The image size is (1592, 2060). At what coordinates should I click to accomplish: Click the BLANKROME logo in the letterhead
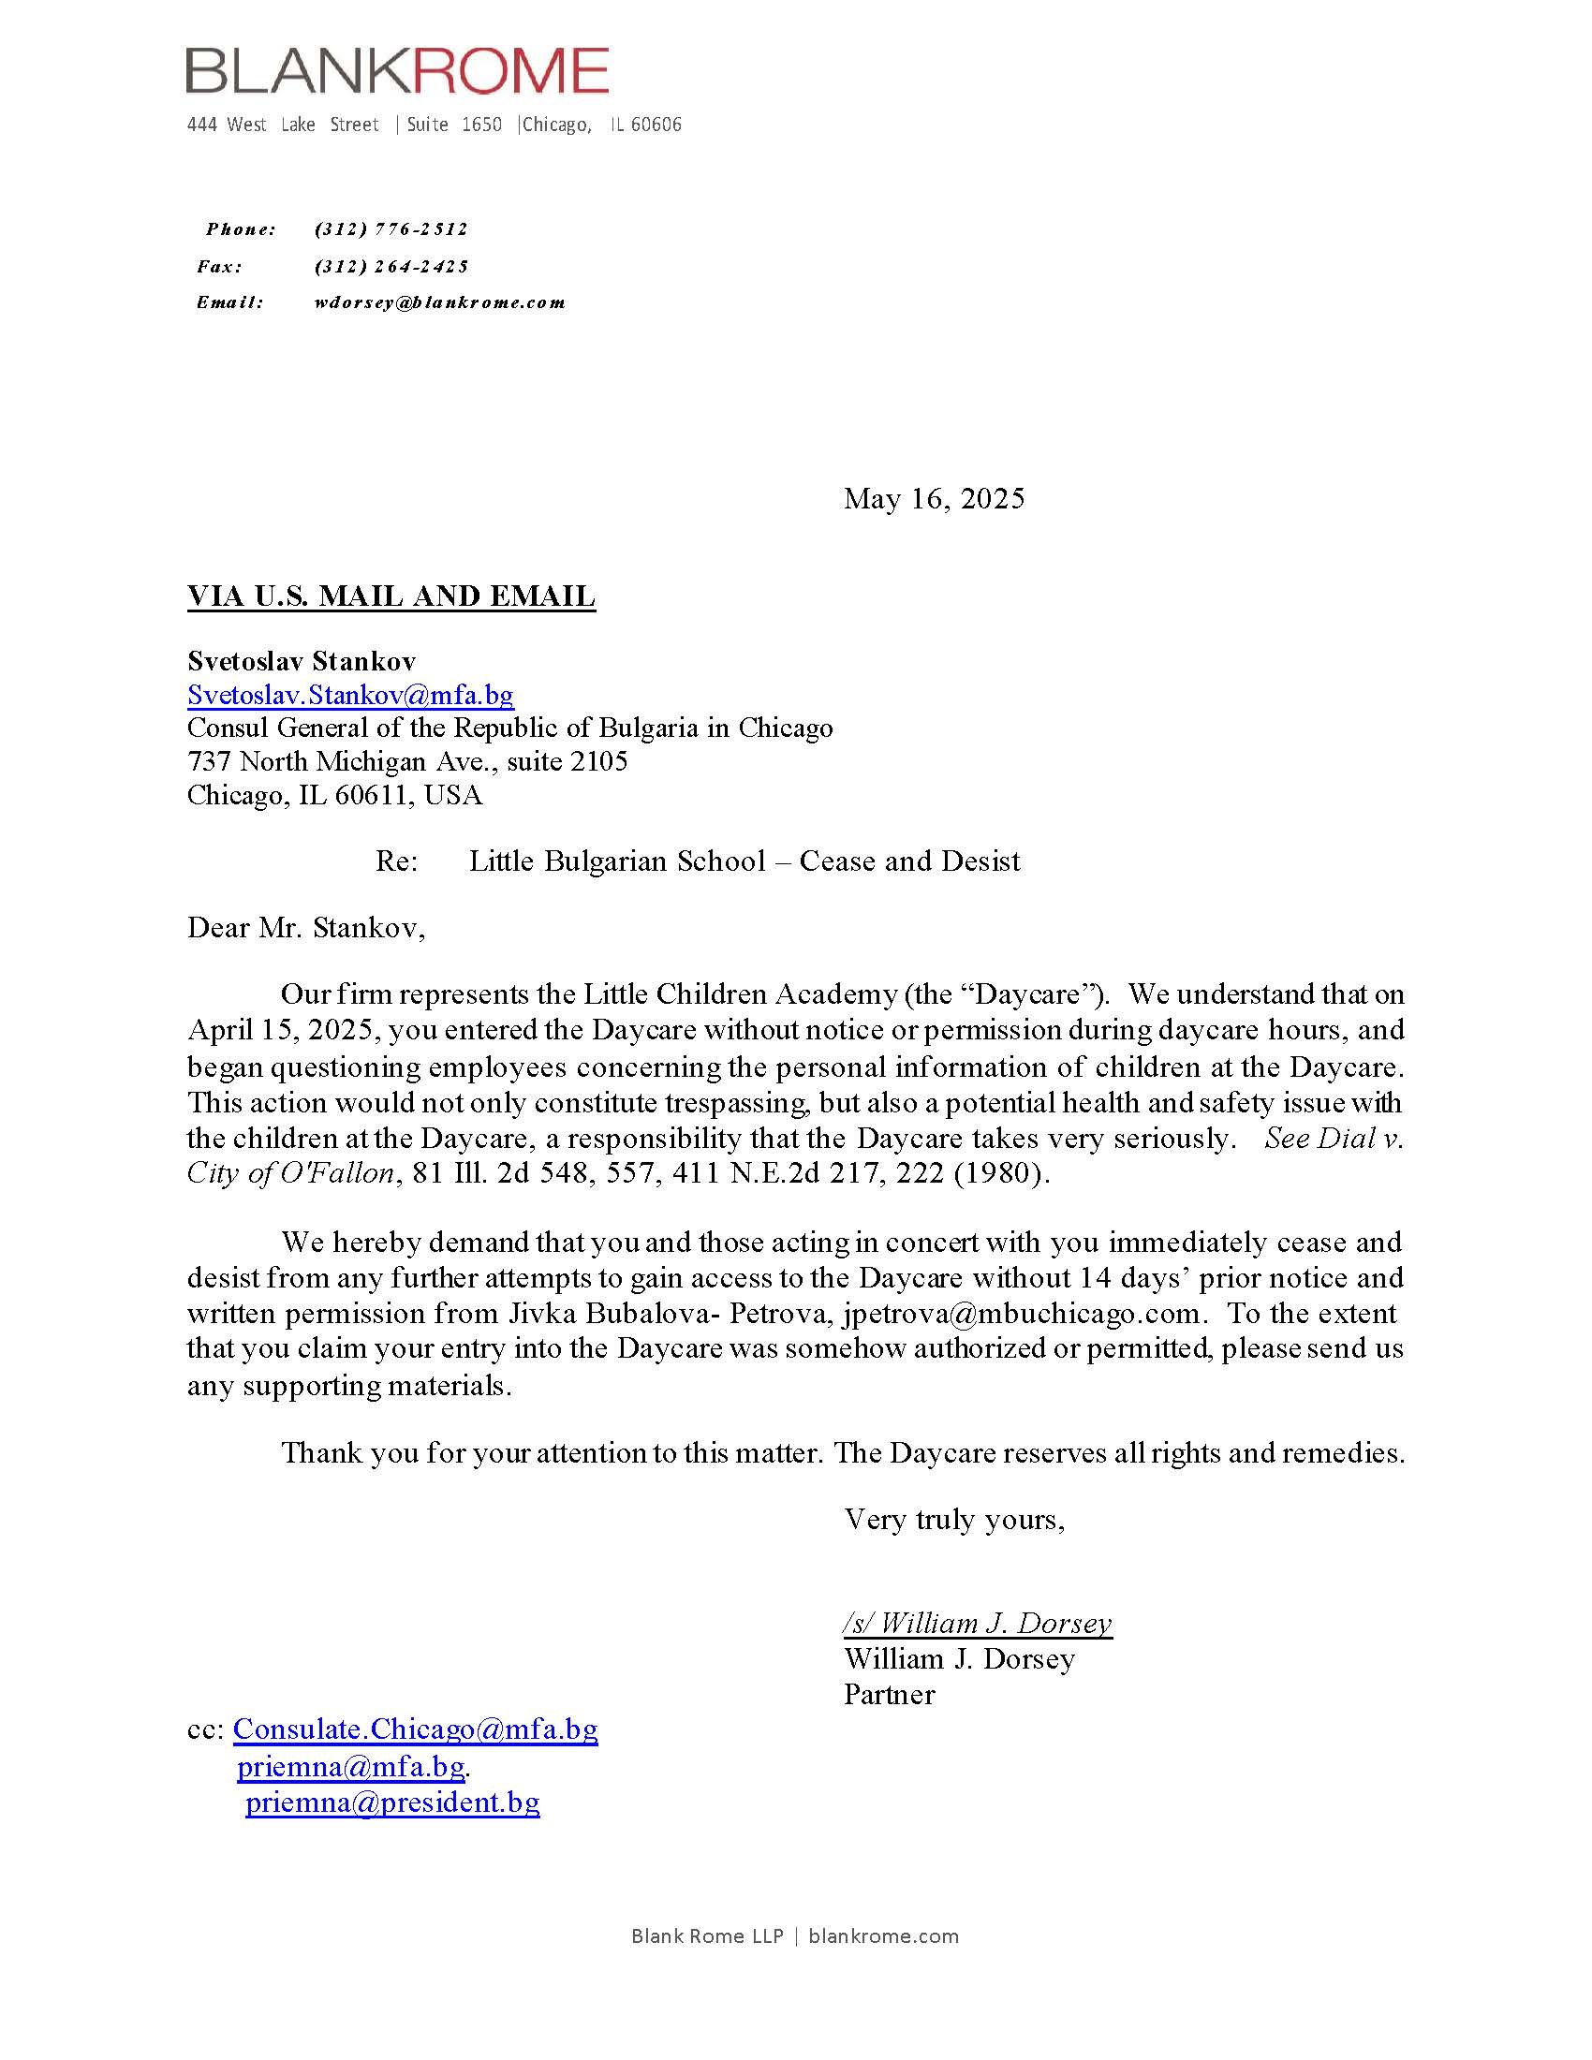pos(397,71)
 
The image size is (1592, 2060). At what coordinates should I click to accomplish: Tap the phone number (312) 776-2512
pos(391,229)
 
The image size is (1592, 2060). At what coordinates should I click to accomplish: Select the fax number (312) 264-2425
pos(391,267)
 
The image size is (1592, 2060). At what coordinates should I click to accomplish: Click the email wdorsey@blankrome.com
pos(439,302)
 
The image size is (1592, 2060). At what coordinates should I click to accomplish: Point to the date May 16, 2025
pos(934,498)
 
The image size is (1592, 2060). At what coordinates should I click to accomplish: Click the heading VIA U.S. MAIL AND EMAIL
pos(391,596)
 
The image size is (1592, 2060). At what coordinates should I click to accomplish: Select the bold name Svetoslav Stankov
pos(301,660)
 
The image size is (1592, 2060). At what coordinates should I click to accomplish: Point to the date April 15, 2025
pos(283,1029)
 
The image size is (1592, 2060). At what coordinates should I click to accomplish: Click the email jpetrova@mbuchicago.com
pos(1022,1313)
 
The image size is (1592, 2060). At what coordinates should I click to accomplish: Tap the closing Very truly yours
pos(953,1519)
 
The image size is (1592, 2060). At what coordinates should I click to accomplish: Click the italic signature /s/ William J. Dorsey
pos(977,1623)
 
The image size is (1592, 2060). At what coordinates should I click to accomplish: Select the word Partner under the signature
pos(889,1694)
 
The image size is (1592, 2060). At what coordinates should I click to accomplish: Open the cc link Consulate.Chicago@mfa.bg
pos(415,1729)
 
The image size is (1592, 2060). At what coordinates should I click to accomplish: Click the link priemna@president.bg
pos(392,1802)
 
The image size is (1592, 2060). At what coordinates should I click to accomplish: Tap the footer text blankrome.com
pos(883,1936)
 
